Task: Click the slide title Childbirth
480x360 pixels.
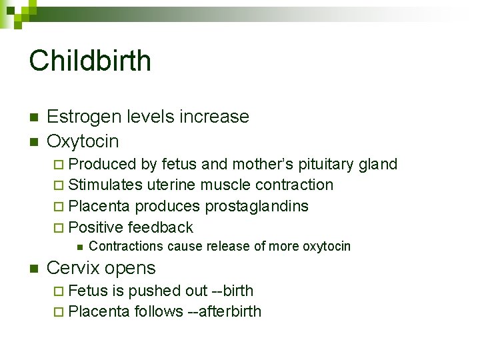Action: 90,61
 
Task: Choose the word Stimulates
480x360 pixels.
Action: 105,185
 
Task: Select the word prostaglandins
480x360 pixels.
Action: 257,206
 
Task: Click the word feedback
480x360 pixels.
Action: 160,227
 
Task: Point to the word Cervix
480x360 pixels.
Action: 71,268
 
